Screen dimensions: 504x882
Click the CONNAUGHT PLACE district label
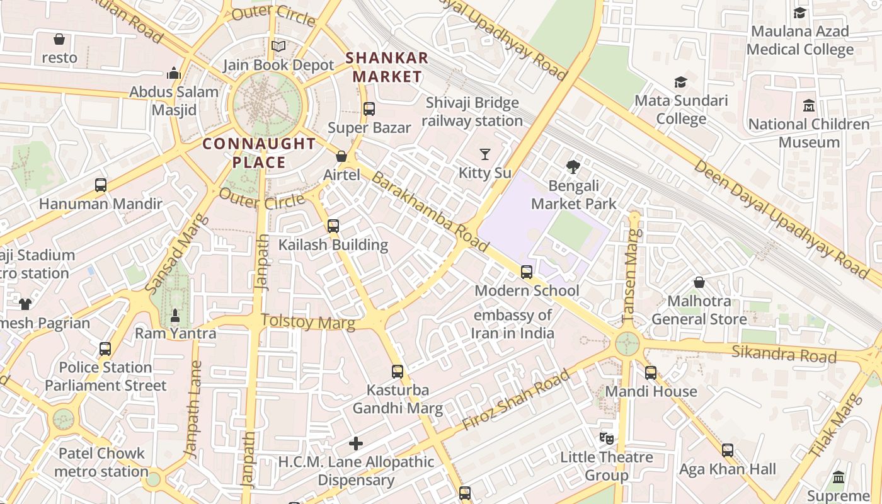point(259,153)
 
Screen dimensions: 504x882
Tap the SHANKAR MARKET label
point(387,67)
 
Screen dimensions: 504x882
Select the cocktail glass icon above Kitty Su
point(484,154)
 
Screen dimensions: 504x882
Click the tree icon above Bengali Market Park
point(573,167)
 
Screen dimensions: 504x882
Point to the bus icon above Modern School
point(527,272)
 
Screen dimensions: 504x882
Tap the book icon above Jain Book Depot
point(278,47)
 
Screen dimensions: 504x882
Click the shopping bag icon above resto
point(59,39)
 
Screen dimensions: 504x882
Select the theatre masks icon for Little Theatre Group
point(606,438)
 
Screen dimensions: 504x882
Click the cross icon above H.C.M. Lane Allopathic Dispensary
point(356,444)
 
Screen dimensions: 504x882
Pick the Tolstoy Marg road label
point(307,322)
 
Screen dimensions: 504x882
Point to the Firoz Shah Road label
point(515,401)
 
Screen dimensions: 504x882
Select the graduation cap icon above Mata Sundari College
point(680,82)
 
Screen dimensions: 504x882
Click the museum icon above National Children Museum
point(809,105)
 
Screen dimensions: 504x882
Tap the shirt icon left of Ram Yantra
point(25,304)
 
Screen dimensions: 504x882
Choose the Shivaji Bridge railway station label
point(472,112)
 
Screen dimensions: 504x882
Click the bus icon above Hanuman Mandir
point(101,185)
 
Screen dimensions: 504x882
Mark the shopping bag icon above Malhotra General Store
point(699,282)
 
